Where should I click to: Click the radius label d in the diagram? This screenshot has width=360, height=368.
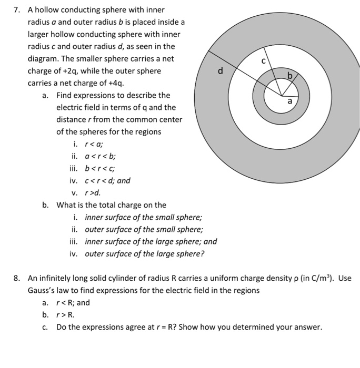click(x=221, y=70)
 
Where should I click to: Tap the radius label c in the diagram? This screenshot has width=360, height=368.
click(x=270, y=61)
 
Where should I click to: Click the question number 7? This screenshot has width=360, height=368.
click(x=17, y=10)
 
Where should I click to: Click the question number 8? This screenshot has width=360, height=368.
click(x=17, y=278)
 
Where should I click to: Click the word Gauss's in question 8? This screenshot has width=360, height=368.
click(x=43, y=290)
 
